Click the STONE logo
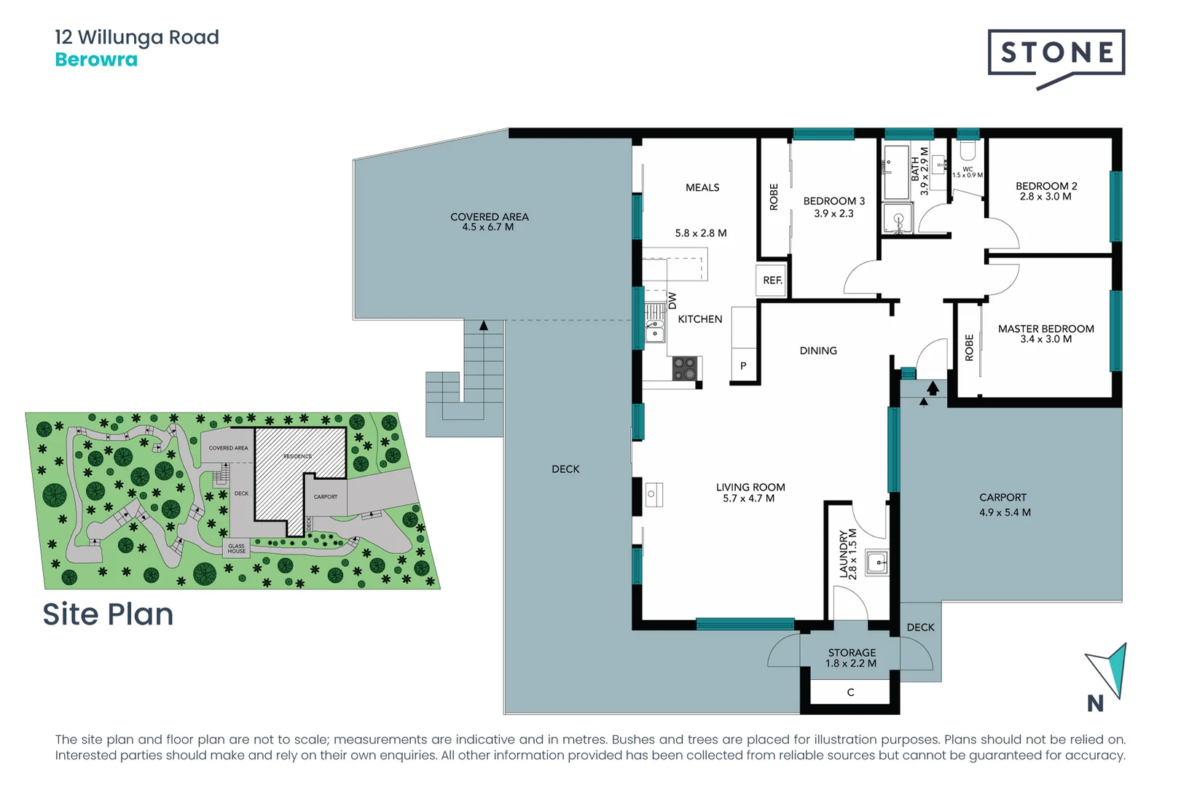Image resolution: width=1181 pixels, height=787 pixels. [x=1056, y=53]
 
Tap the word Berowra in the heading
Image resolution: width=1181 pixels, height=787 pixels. [x=96, y=60]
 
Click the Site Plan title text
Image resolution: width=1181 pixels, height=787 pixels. [x=108, y=614]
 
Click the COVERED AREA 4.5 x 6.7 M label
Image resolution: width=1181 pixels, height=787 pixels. [x=489, y=222]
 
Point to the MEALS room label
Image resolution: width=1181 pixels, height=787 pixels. [x=702, y=188]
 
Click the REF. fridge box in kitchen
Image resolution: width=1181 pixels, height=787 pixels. [x=772, y=281]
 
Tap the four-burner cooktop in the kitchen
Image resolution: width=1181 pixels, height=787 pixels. [x=684, y=368]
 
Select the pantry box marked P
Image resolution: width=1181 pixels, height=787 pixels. [x=743, y=366]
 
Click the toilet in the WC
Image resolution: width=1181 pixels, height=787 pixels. [x=968, y=151]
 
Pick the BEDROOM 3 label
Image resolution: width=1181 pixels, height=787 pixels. [x=833, y=207]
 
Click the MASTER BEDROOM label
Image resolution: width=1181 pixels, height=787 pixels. [x=1045, y=334]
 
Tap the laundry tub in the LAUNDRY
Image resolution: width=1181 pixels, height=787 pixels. [x=877, y=563]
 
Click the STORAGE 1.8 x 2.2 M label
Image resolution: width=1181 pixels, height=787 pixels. [x=851, y=658]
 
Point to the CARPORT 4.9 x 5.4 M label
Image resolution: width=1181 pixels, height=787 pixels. [x=1004, y=504]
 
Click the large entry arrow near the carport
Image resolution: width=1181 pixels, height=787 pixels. [x=933, y=388]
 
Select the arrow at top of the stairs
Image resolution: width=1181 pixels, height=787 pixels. [x=483, y=326]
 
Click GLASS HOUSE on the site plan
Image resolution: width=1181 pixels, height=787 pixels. [x=236, y=549]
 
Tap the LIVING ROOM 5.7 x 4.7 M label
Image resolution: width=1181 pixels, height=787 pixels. [x=750, y=493]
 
